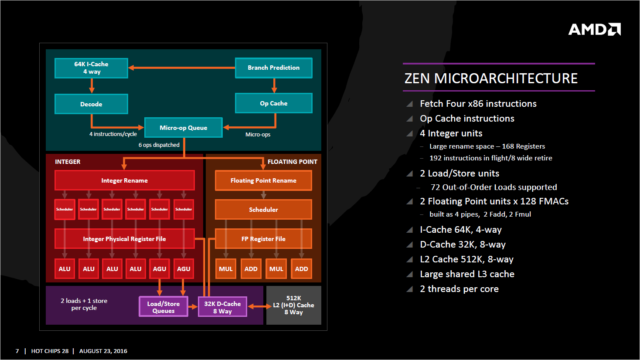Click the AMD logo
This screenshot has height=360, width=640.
point(594,29)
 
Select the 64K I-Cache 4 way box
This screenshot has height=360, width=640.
point(91,68)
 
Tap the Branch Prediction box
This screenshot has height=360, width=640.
point(273,68)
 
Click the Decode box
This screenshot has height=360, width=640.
point(91,104)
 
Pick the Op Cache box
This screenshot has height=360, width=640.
point(273,103)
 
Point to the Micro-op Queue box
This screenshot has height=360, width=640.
point(183,128)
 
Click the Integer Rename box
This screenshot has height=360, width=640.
point(124,180)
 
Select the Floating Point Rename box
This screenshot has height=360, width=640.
point(263,180)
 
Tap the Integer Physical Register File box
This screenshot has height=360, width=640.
point(124,239)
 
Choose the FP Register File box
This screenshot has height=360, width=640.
point(263,239)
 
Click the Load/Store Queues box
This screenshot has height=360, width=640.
point(163,307)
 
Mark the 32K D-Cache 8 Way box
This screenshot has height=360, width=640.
point(222,307)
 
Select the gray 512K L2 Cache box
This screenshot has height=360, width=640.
point(293,305)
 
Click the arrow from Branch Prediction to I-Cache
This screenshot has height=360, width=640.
point(181,68)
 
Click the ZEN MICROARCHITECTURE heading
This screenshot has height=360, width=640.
point(491,78)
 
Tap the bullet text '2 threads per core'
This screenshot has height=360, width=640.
point(459,289)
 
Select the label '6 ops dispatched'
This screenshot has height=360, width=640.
point(159,145)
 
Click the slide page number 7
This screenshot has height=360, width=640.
point(17,351)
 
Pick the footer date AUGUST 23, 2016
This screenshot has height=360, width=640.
point(103,351)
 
